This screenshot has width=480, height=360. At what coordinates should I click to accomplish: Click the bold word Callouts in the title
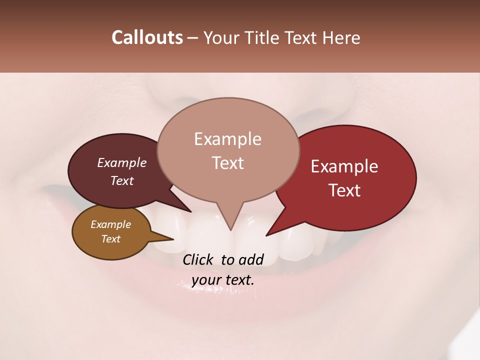[147, 37]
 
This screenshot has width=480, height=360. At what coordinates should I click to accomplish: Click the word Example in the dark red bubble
[344, 166]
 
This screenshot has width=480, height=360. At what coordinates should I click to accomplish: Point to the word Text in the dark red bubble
[344, 190]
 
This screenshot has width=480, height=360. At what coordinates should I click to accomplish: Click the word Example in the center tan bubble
[227, 139]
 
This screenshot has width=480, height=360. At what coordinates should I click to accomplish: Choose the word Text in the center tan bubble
[227, 163]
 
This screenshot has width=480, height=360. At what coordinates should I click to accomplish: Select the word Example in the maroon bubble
[121, 163]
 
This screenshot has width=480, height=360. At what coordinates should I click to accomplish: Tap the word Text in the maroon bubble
[121, 181]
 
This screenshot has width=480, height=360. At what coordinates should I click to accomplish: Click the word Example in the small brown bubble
[110, 224]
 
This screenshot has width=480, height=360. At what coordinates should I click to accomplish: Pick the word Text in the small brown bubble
[110, 239]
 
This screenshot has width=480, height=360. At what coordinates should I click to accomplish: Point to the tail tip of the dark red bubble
[266, 235]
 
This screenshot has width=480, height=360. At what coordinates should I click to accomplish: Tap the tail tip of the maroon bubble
[190, 211]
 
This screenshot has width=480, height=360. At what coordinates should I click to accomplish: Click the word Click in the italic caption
[198, 259]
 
